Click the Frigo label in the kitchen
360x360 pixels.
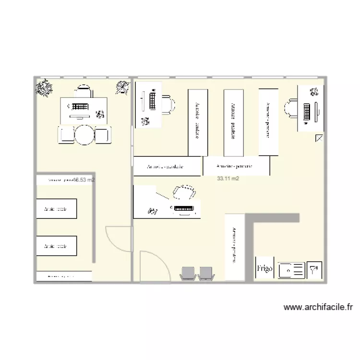264,269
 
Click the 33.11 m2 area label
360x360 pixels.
228,179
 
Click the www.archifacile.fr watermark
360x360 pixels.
318,307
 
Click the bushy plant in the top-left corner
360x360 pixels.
45,88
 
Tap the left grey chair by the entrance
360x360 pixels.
188,273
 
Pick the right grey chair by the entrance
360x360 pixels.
206,273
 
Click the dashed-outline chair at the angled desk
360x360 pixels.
183,192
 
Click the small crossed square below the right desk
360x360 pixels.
320,138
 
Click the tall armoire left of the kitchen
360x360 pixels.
234,247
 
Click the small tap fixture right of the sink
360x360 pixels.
315,270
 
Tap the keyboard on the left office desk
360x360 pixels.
80,106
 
